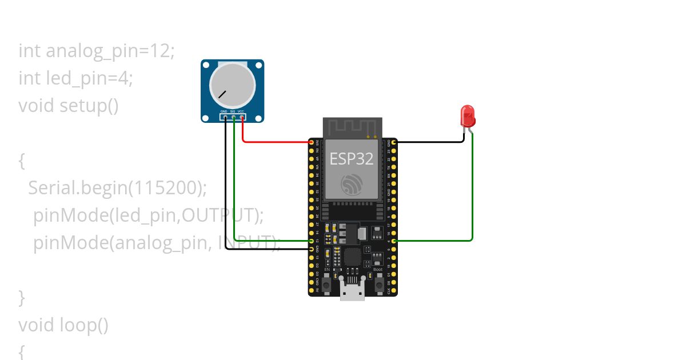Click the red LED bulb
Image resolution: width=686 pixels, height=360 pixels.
pos(468,115)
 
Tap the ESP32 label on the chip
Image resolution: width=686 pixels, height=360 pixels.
pos(352,158)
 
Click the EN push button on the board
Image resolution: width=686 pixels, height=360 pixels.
pos(327,283)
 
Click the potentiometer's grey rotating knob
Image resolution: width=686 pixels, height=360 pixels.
pos(232,84)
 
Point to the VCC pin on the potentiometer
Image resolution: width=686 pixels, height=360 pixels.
pos(242,118)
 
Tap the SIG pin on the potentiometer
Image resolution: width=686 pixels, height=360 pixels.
pos(234,118)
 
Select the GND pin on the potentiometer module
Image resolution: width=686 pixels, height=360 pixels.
pos(225,118)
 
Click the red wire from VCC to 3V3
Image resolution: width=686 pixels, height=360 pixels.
pos(274,141)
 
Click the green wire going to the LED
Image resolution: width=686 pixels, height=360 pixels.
pos(472,194)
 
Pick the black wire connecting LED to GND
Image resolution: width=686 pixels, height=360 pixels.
pos(429,141)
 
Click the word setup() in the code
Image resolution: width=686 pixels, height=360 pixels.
pos(89,106)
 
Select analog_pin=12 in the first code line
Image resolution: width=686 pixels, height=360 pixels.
pos(109,51)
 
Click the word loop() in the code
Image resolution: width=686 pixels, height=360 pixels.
pos(83,325)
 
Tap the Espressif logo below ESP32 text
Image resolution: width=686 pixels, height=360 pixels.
pos(352,184)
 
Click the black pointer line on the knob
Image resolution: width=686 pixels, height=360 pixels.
pos(222,94)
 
